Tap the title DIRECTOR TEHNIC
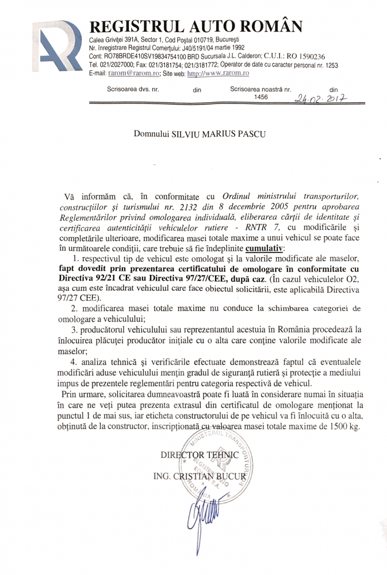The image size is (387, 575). click(x=199, y=455)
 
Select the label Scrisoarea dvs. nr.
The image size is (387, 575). click(x=133, y=90)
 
